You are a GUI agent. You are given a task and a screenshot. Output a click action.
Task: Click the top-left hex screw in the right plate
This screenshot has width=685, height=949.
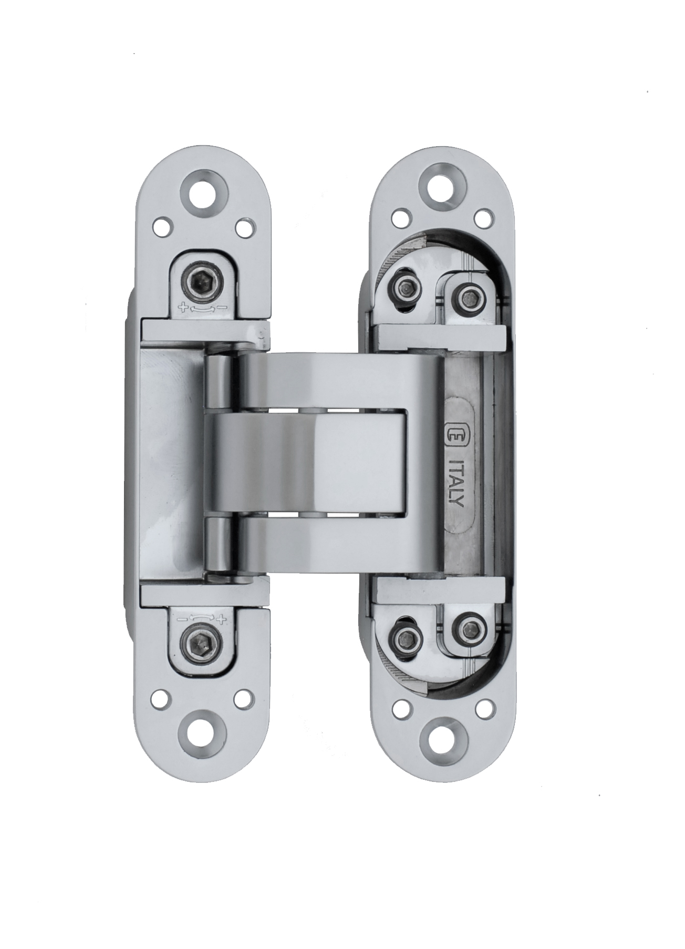point(406,287)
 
